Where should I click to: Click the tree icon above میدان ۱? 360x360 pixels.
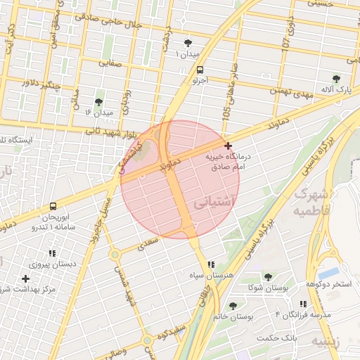tap(188, 43)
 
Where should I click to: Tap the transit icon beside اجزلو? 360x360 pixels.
tap(200, 70)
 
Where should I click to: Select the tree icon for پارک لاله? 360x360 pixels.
tap(335, 79)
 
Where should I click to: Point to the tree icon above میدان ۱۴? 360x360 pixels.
tap(99, 102)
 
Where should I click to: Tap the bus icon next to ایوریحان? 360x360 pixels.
tap(53, 207)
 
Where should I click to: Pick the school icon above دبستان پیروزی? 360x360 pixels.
tap(52, 253)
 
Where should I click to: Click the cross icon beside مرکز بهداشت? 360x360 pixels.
tap(25, 278)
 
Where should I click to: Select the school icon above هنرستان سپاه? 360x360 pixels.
tap(211, 264)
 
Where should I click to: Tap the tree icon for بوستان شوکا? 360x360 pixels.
tap(268, 277)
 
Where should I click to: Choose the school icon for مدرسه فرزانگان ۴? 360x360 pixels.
tap(303, 304)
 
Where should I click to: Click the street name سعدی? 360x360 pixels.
tap(149, 243)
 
